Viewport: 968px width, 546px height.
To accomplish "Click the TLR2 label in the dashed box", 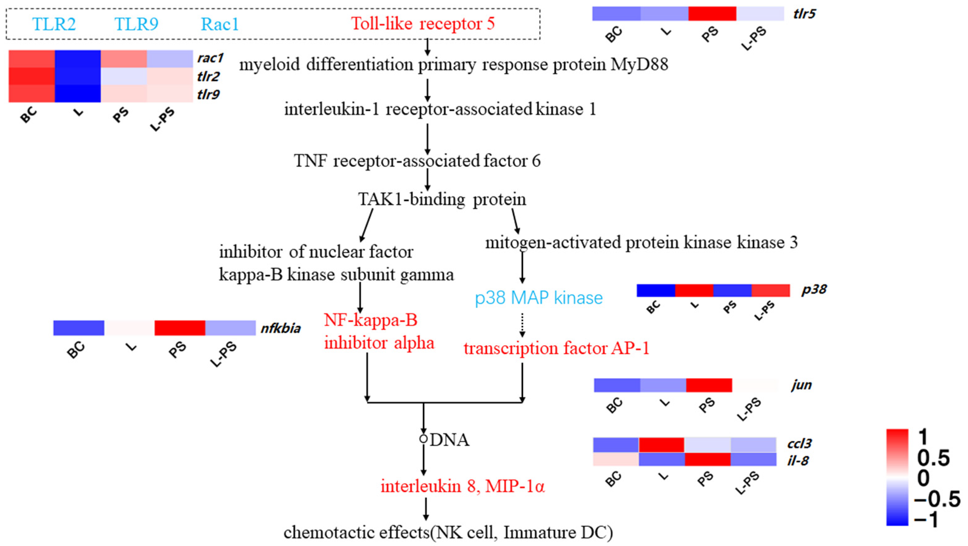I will click(x=54, y=24).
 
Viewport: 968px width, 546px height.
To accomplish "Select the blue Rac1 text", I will click(x=220, y=24).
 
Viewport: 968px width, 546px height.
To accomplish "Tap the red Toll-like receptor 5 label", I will click(x=423, y=23).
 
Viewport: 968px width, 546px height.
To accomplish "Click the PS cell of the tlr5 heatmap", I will click(x=712, y=14).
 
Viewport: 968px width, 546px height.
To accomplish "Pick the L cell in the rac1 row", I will click(x=78, y=59).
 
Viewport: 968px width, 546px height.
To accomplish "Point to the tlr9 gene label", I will click(x=208, y=94).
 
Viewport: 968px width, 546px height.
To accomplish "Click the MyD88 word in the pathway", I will click(x=639, y=64).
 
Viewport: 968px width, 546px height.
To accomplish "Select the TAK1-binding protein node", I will click(x=442, y=199).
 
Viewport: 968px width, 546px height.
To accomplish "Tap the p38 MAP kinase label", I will click(x=539, y=298).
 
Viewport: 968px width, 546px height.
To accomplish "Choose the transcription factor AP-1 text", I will click(x=557, y=348).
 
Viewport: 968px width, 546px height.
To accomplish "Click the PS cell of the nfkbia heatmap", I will click(x=180, y=328).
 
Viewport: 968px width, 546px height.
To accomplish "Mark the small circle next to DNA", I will click(x=424, y=439).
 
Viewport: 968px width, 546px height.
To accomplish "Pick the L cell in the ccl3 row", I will click(x=661, y=445).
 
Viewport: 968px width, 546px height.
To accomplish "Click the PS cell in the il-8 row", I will click(x=707, y=459).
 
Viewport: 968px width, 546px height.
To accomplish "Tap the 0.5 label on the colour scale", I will click(x=934, y=458).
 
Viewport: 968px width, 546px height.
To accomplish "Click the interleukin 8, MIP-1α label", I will click(x=463, y=487).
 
